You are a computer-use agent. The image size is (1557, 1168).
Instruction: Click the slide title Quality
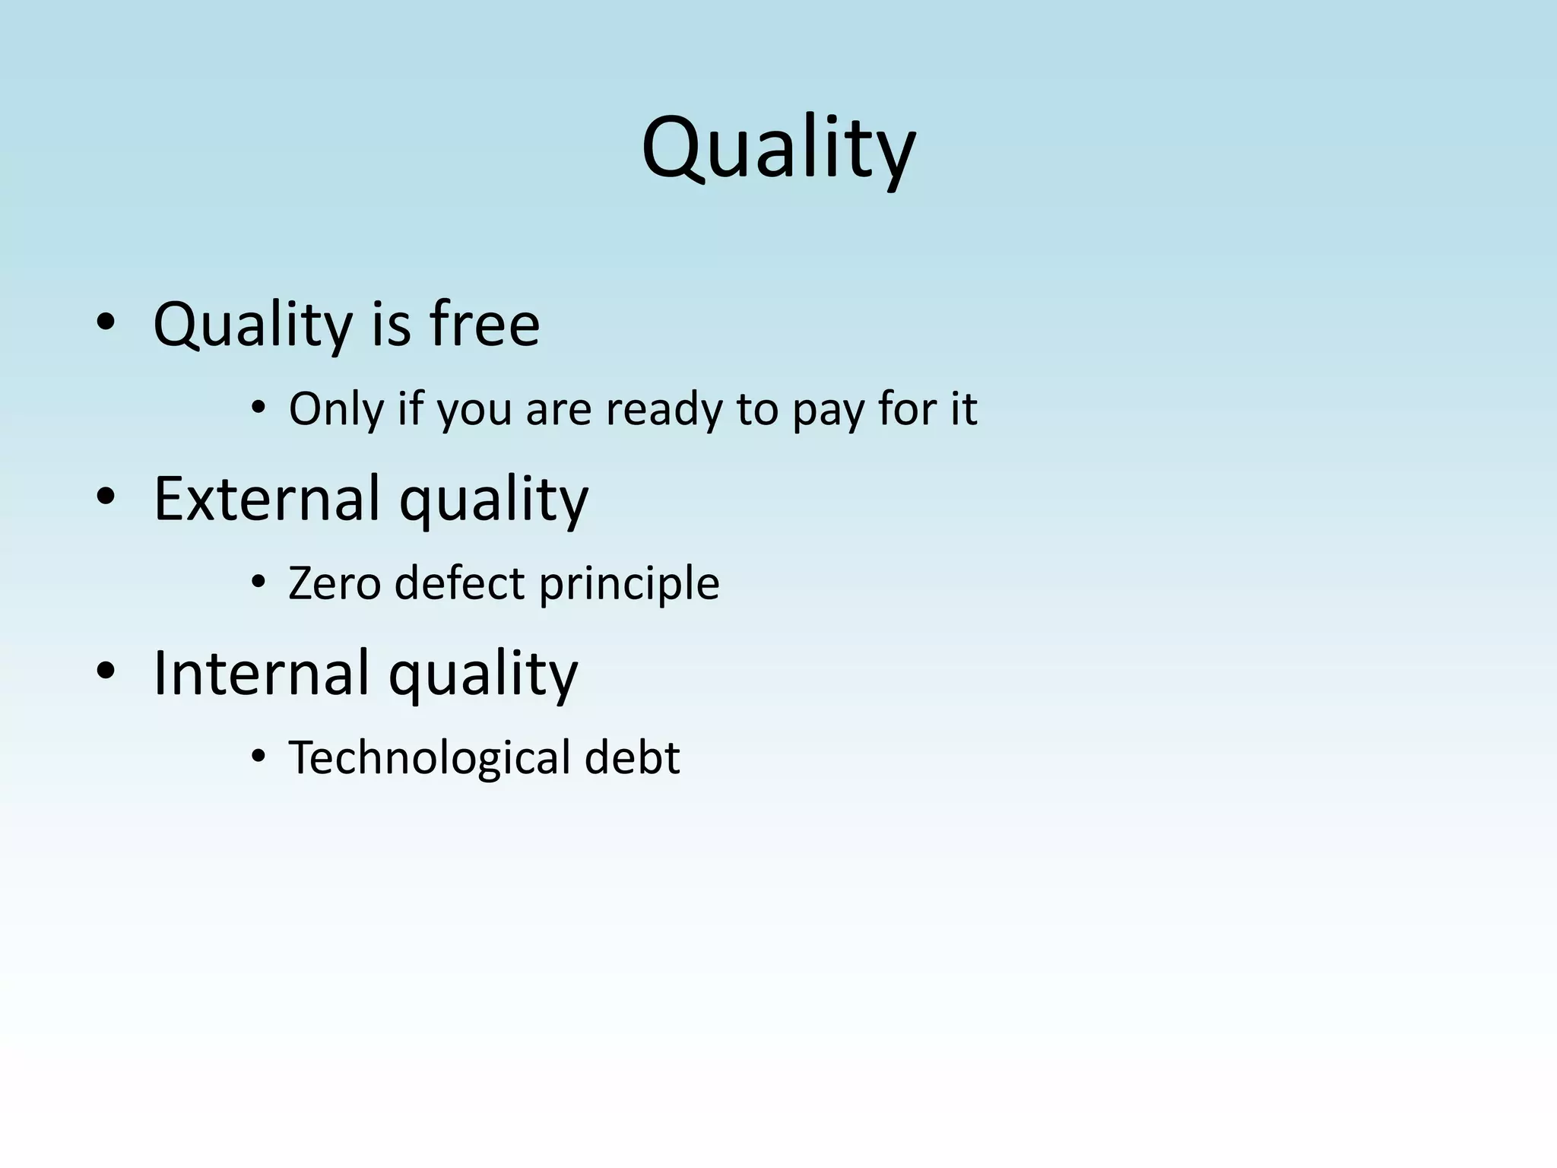point(778,148)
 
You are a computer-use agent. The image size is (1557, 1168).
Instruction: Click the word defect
point(459,583)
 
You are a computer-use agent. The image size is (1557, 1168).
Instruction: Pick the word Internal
point(261,673)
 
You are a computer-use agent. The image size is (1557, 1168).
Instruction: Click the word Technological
point(430,758)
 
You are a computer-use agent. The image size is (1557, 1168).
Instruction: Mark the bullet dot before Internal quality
point(106,671)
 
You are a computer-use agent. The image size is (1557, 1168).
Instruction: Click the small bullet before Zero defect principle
point(258,583)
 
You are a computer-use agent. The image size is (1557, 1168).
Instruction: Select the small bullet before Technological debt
point(258,757)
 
